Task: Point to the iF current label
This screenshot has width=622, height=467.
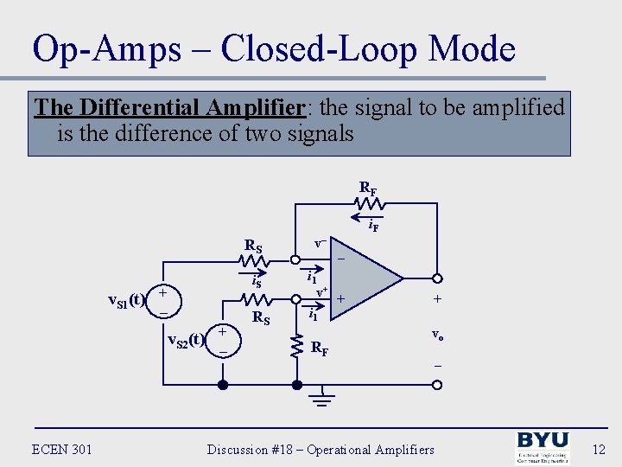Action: (x=373, y=227)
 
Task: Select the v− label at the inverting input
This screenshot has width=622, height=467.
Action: (x=320, y=245)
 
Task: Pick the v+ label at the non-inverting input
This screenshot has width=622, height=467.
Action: (x=321, y=292)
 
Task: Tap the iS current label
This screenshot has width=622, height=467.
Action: (x=256, y=281)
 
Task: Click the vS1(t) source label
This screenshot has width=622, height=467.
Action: (x=124, y=300)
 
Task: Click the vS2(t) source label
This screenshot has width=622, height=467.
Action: (x=185, y=340)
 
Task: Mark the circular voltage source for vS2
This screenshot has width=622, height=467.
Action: (x=223, y=340)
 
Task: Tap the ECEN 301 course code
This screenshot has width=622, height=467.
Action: (x=61, y=449)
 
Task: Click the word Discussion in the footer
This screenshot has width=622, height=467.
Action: (x=243, y=450)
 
